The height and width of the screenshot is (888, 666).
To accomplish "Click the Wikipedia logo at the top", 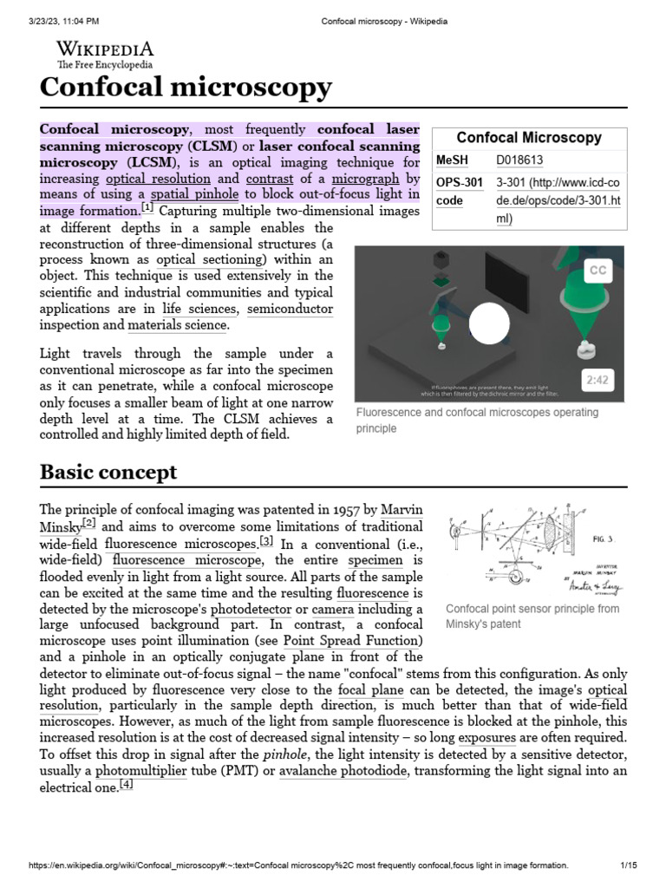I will [105, 54].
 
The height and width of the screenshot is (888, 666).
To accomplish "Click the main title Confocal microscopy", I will [186, 87].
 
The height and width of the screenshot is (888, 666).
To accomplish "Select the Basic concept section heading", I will [108, 472].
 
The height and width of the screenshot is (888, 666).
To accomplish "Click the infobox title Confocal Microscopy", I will [529, 137].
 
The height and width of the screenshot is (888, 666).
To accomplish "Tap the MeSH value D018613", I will [519, 160].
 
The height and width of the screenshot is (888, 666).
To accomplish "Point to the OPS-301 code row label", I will [459, 192].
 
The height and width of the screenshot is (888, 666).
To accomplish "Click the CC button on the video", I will [597, 271].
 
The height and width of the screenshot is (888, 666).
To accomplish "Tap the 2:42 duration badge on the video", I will [597, 380].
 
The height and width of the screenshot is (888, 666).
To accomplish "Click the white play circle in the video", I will [489, 323].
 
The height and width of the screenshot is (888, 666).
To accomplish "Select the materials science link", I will [178, 325].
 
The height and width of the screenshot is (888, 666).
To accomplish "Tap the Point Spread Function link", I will [352, 641].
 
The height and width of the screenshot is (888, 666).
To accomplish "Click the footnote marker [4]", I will [127, 785].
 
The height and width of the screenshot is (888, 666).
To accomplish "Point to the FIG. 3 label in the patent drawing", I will [603, 539].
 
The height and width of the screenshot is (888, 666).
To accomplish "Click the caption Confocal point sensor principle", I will [532, 609].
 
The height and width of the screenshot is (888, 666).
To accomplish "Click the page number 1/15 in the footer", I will [628, 865].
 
